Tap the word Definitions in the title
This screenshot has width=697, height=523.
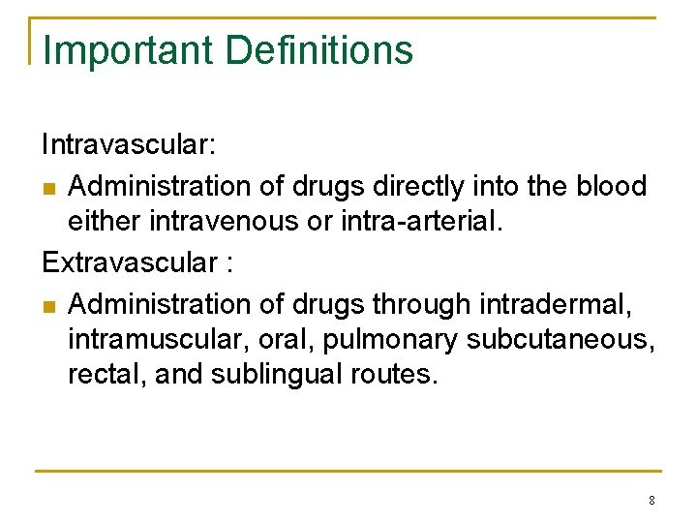tap(319, 50)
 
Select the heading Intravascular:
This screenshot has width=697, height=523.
tap(129, 145)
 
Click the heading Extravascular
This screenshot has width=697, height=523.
tap(130, 262)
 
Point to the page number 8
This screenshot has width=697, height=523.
tap(652, 501)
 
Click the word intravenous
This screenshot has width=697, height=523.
tap(224, 223)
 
